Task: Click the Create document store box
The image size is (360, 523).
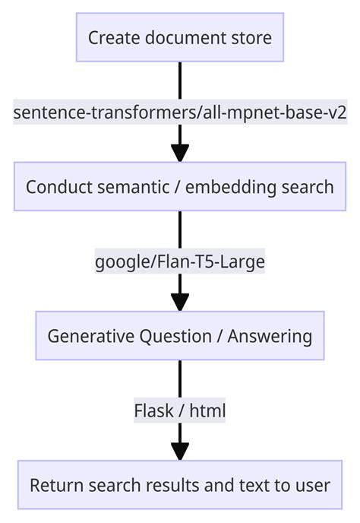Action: point(180,37)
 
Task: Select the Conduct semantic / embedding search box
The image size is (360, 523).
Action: point(180,186)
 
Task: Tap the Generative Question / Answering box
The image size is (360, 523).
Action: point(180,335)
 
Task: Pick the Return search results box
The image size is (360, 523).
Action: point(180,484)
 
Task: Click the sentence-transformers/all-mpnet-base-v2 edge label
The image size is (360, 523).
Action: point(180,113)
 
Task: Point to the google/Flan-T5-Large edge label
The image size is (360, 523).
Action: point(180,262)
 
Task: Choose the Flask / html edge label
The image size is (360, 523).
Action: point(180,411)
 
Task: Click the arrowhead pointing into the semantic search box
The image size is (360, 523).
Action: point(180,152)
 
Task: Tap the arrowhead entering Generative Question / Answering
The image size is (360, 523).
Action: point(180,301)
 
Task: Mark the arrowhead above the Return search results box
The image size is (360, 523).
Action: point(180,450)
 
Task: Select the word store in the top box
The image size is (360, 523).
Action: point(253,37)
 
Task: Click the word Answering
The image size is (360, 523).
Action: point(270,336)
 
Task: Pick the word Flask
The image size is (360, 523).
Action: point(153,411)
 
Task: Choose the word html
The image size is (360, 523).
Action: point(207,411)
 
